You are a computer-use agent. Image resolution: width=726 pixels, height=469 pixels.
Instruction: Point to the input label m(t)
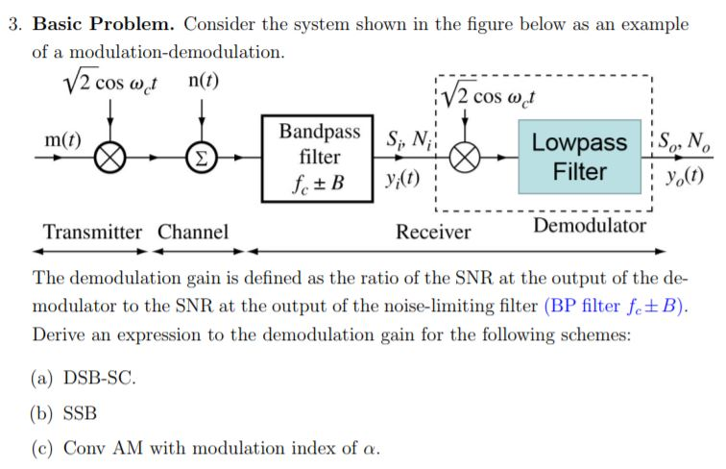tap(61, 140)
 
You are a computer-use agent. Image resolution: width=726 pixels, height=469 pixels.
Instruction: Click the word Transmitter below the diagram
tap(92, 232)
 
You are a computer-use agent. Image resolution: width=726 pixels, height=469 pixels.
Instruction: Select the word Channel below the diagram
tap(193, 232)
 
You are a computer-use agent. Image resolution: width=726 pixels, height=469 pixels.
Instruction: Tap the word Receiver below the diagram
tap(434, 232)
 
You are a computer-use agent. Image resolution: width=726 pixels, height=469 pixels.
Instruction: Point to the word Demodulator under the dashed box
tap(590, 226)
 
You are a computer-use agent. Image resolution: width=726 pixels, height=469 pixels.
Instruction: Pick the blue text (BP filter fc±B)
tap(617, 307)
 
